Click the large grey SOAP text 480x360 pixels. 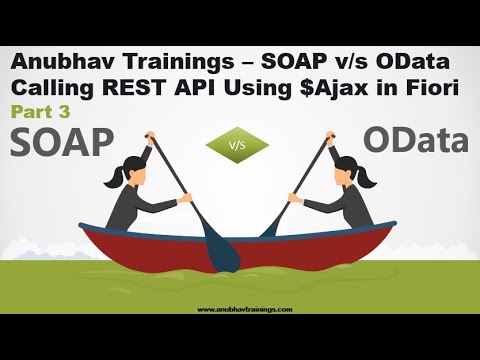click(x=62, y=142)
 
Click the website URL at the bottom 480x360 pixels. click(x=240, y=309)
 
